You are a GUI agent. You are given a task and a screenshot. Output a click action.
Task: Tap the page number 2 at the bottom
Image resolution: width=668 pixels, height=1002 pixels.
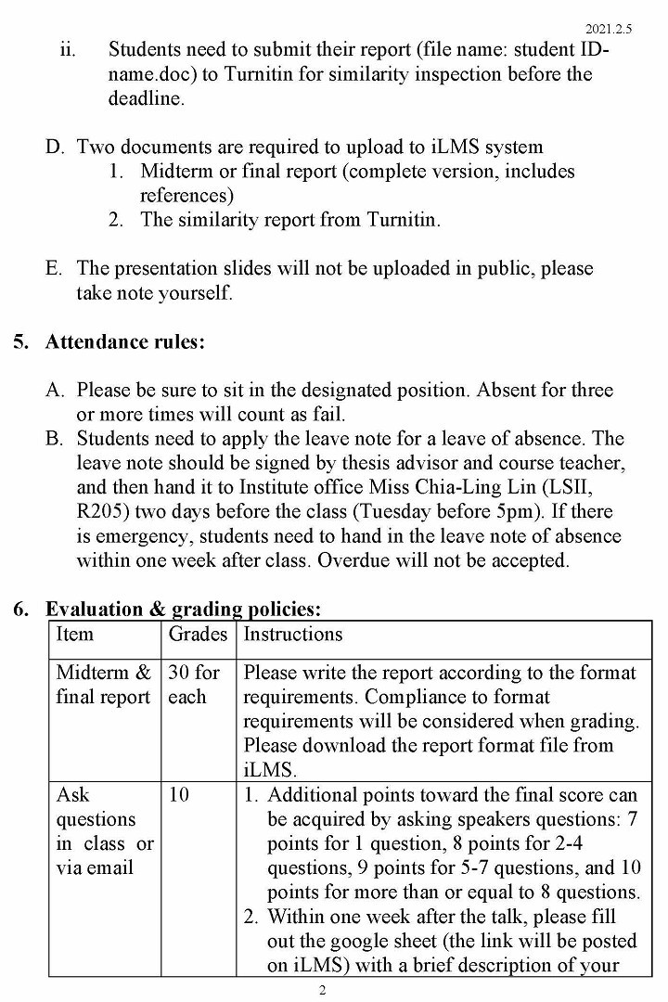tap(322, 990)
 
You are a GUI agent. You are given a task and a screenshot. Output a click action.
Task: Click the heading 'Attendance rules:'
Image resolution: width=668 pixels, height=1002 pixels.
tap(125, 341)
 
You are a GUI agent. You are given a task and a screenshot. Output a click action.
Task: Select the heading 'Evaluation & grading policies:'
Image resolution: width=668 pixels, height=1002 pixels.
tap(183, 610)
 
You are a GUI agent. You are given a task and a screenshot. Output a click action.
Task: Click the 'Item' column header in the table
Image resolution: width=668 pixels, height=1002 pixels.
tap(74, 635)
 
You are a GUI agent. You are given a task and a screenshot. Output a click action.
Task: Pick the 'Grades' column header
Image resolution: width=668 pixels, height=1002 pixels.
tap(198, 635)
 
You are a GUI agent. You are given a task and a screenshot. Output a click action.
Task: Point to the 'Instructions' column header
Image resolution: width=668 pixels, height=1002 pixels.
tap(293, 635)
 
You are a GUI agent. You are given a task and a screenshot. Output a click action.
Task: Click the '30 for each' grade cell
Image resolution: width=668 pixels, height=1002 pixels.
tap(193, 685)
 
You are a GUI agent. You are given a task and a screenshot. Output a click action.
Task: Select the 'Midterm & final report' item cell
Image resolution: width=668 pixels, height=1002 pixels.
tap(103, 685)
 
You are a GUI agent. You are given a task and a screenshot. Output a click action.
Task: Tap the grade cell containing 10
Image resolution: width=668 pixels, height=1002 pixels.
tap(178, 795)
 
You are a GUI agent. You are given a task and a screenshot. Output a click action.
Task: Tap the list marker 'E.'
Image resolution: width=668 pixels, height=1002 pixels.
tap(55, 268)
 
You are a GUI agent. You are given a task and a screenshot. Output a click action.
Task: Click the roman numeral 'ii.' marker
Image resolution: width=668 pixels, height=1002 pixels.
tap(69, 49)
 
